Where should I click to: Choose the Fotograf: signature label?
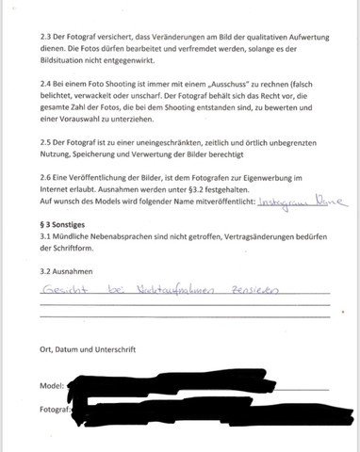pos(56,411)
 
